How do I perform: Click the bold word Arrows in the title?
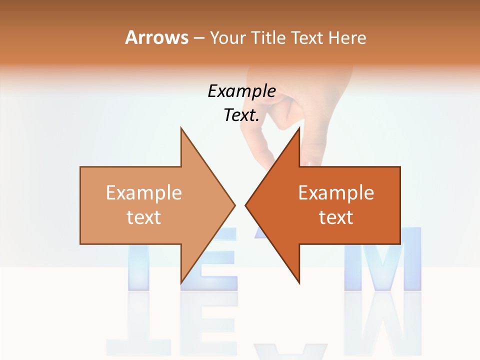coord(156,37)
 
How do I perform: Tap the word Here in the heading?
coord(347,38)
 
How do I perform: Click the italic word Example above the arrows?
coord(241,91)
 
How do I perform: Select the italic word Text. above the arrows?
coord(241,115)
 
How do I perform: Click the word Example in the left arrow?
coord(144,193)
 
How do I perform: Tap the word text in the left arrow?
coord(144,217)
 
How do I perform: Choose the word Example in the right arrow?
coord(336,193)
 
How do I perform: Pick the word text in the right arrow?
coord(336,217)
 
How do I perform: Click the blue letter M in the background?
coord(382,260)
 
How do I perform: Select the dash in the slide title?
coord(198,38)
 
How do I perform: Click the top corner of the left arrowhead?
coord(181,128)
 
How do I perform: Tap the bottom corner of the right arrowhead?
coord(299,282)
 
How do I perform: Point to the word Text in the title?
coord(308,38)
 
